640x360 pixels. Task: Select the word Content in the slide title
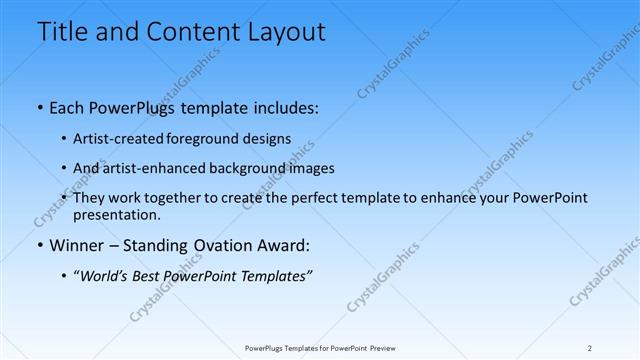[185, 32]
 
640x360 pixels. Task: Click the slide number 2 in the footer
[590, 347]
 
